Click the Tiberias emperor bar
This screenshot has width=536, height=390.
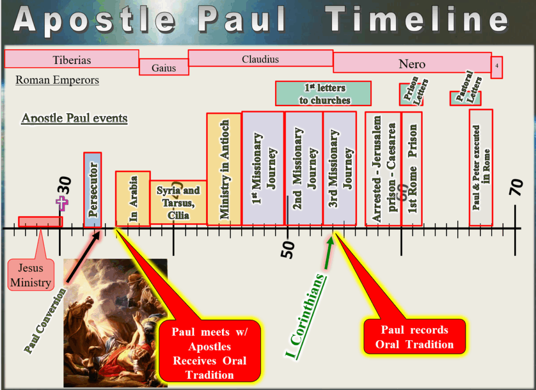72,59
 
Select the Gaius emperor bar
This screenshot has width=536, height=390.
164,67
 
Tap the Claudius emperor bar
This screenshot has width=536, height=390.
260,59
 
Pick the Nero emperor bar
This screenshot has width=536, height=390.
412,63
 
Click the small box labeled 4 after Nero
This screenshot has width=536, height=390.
497,67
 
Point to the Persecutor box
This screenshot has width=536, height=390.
92,189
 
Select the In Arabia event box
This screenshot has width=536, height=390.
132,198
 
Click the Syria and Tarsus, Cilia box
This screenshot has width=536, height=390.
178,202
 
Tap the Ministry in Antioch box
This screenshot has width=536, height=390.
224,168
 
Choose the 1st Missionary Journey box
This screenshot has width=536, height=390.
263,168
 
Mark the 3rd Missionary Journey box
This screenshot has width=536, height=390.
339,168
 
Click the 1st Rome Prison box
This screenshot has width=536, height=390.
412,168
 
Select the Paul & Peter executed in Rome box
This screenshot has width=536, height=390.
481,167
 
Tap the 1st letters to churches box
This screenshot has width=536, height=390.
323,94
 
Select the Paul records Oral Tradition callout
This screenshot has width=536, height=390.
414,337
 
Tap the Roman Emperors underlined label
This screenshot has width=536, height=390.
57,80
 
